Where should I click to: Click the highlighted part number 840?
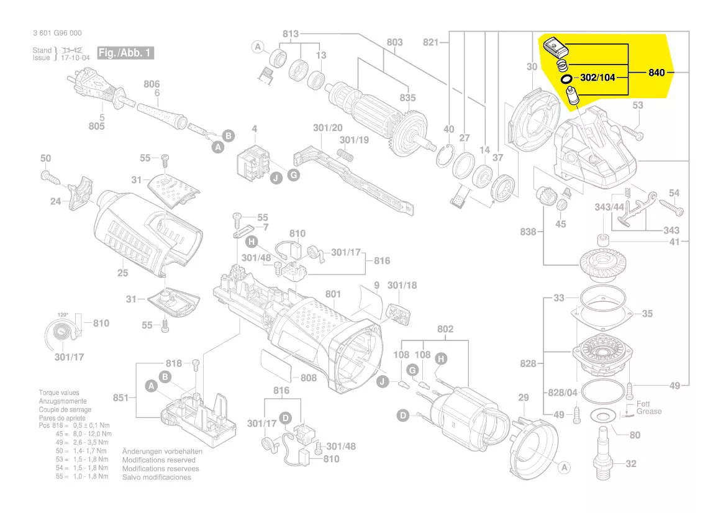coord(656,73)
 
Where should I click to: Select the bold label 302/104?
coord(597,78)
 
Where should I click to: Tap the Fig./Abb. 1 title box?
coord(125,53)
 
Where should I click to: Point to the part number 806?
coord(152,84)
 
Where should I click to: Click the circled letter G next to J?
coord(293,176)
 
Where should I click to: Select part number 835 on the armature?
coord(407,99)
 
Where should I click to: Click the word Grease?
coord(649,411)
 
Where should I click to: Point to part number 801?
coord(333,293)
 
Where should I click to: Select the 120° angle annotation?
coord(63,315)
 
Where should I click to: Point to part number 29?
coord(523,397)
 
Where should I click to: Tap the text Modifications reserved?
coord(158,460)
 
